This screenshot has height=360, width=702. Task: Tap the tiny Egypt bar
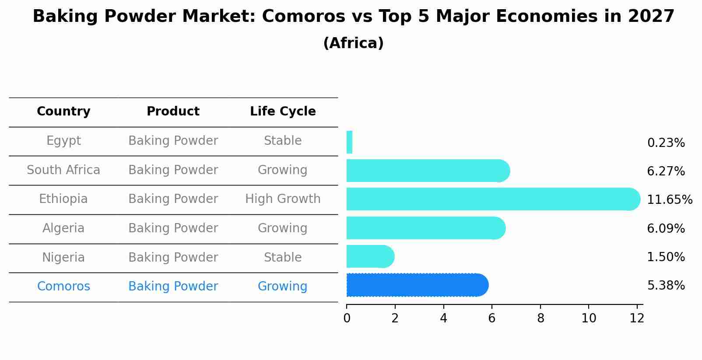pyautogui.click(x=349, y=142)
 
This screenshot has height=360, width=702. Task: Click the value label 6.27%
pyautogui.click(x=666, y=171)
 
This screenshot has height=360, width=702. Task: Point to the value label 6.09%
pyautogui.click(x=666, y=228)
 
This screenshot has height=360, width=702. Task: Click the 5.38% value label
pyautogui.click(x=666, y=286)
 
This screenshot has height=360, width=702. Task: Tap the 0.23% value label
pyautogui.click(x=666, y=143)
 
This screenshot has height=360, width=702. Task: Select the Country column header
pyautogui.click(x=63, y=112)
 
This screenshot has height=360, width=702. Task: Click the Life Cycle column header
pyautogui.click(x=283, y=112)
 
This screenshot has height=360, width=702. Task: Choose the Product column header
pyautogui.click(x=173, y=112)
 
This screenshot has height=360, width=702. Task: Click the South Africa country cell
pyautogui.click(x=63, y=170)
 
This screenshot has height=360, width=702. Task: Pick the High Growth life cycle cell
pyautogui.click(x=283, y=199)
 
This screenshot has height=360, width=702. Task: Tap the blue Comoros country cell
pyautogui.click(x=63, y=287)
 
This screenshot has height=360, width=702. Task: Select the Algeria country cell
pyautogui.click(x=63, y=228)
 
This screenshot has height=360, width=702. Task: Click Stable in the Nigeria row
pyautogui.click(x=283, y=258)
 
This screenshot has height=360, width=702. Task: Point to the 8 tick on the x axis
pyautogui.click(x=541, y=318)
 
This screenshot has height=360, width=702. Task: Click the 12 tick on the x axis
pyautogui.click(x=637, y=318)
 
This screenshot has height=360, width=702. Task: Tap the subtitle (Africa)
pyautogui.click(x=353, y=43)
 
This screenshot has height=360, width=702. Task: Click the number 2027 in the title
pyautogui.click(x=651, y=17)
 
